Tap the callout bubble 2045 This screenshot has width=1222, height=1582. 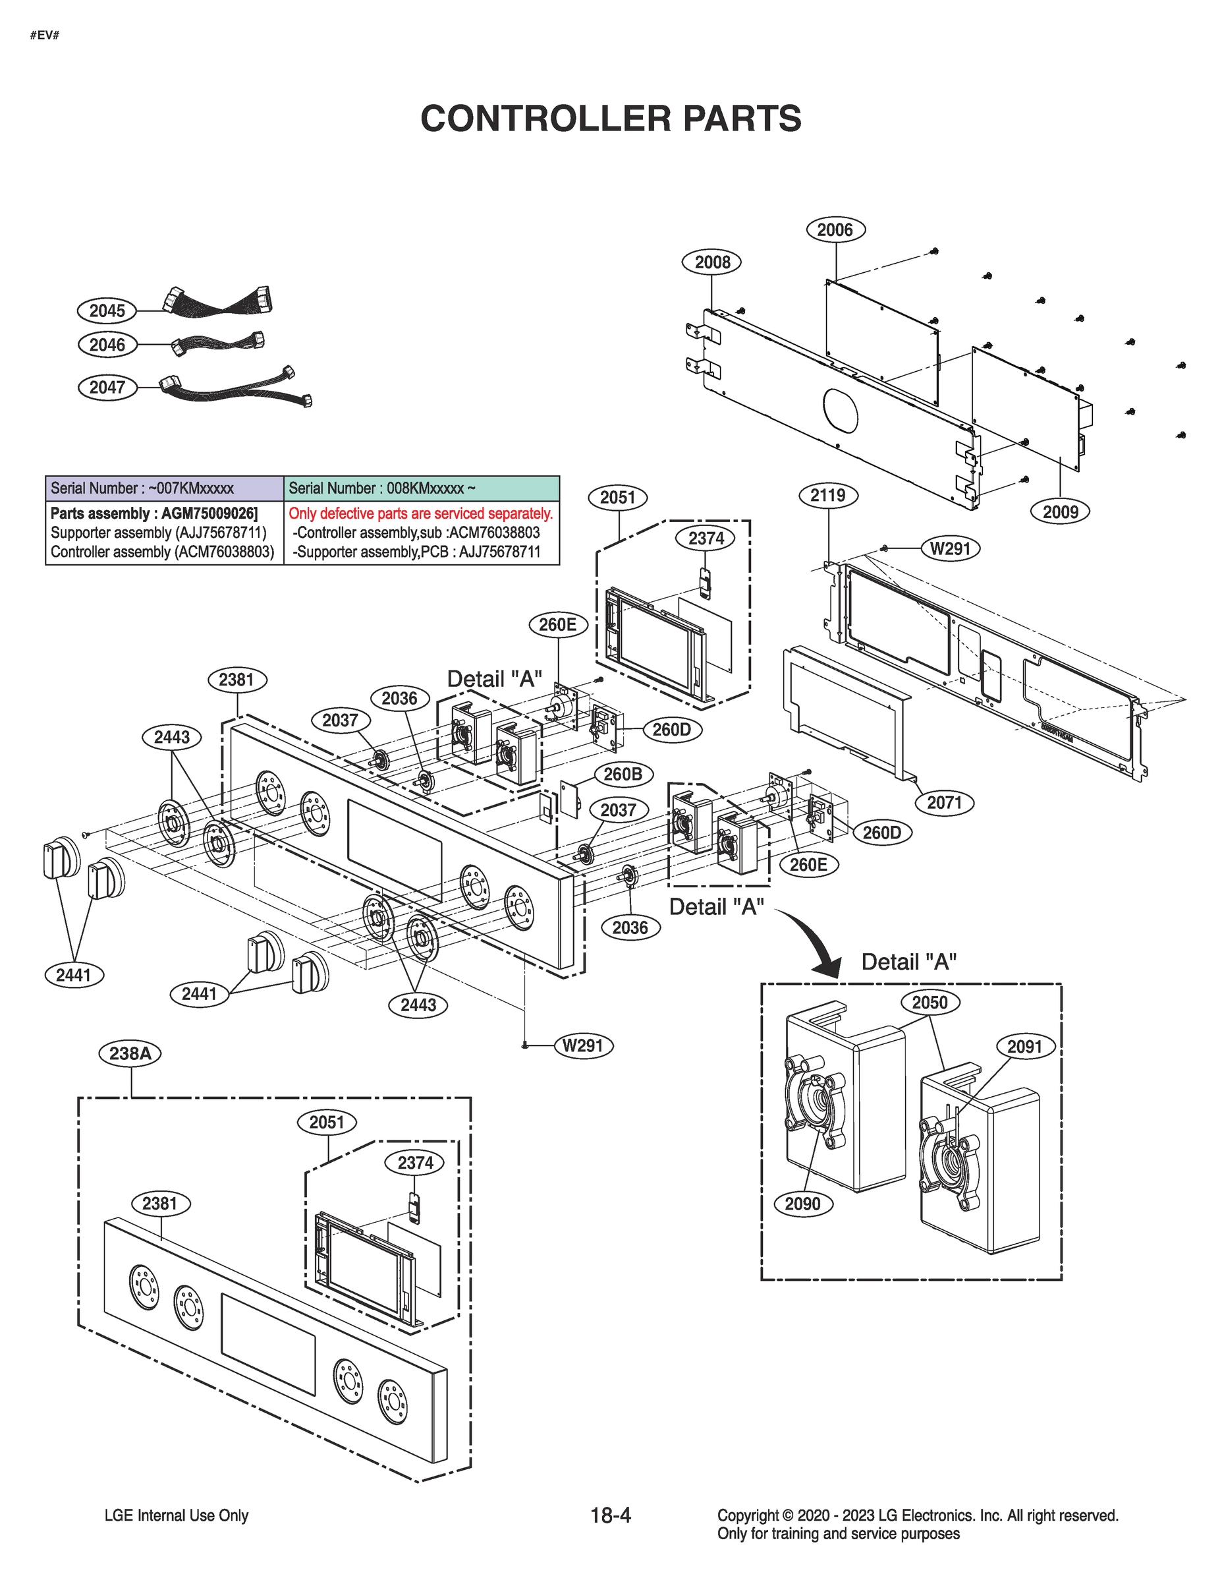point(107,310)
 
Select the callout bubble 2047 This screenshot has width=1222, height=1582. point(107,387)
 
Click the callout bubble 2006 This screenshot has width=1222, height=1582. point(835,229)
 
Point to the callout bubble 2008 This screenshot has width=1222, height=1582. point(712,262)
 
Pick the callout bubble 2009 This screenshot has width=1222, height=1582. point(1060,512)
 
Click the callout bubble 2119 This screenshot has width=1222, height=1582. point(827,496)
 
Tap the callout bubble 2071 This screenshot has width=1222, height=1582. point(944,803)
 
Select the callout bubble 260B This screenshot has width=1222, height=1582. point(623,774)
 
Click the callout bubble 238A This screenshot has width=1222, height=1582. point(130,1053)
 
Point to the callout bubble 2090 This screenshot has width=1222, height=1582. point(802,1204)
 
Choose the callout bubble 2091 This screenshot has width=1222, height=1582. point(1024,1046)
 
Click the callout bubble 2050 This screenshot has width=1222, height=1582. point(930,1003)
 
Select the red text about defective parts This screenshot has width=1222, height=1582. point(420,513)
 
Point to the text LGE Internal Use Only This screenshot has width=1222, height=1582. point(176,1515)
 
